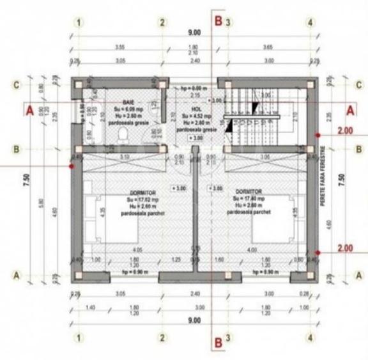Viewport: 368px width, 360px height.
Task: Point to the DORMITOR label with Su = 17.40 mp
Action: (x=249, y=191)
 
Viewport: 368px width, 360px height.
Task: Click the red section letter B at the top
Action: (x=218, y=22)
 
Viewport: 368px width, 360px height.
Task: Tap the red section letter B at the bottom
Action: (x=218, y=342)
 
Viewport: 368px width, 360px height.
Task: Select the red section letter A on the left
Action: (x=29, y=110)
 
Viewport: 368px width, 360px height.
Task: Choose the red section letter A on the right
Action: (x=350, y=110)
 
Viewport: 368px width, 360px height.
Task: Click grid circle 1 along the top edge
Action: (x=79, y=22)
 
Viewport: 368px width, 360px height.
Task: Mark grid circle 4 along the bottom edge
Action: (x=310, y=337)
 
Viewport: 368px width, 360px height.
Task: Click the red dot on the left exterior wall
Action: (x=72, y=166)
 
